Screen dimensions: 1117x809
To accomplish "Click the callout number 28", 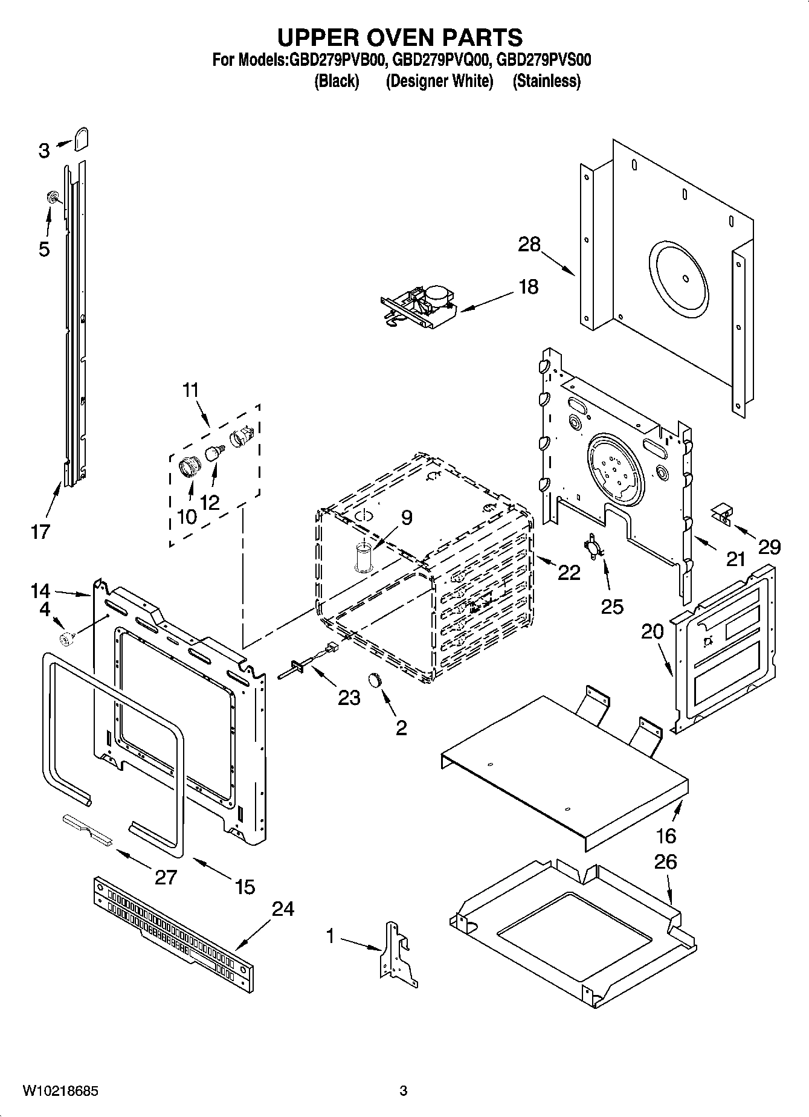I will pos(529,245).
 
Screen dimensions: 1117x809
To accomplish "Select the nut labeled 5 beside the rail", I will pos(53,196).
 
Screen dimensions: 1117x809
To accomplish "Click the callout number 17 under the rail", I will pos(41,532).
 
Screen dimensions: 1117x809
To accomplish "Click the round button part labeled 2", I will pos(376,680).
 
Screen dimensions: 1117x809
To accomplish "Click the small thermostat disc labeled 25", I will pos(591,546).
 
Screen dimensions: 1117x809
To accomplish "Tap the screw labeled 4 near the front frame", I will pos(66,637).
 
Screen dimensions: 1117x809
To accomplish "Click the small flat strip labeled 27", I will pos(88,828).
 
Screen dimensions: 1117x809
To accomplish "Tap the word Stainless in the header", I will pos(546,81).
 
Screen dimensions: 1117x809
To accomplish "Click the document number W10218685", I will pos(60,1090).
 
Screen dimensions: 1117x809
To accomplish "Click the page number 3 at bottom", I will pos(404,1090).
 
